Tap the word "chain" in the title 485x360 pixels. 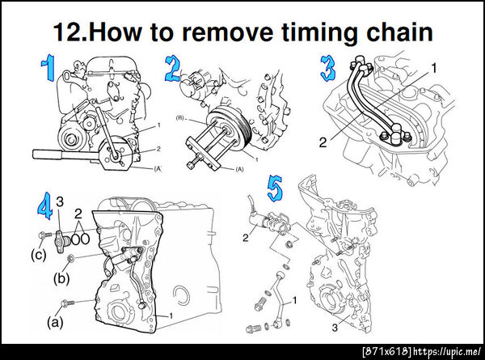pyautogui.click(x=399, y=31)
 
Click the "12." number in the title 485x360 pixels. pyautogui.click(x=71, y=32)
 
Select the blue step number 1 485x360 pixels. pyautogui.click(x=48, y=68)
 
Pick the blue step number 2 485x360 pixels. pyautogui.click(x=171, y=69)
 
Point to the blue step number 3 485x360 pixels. pyautogui.click(x=327, y=69)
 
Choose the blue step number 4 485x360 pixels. pyautogui.click(x=44, y=205)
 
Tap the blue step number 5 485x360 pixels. pyautogui.click(x=275, y=188)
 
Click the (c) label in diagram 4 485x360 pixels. pyautogui.click(x=39, y=255)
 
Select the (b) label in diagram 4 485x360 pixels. pyautogui.click(x=61, y=278)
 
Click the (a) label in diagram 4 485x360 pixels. pyautogui.click(x=55, y=323)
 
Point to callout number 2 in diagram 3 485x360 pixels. pyautogui.click(x=323, y=142)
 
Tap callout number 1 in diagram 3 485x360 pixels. pyautogui.click(x=434, y=68)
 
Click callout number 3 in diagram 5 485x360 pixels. pyautogui.click(x=335, y=328)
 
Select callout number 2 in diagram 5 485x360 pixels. pyautogui.click(x=246, y=238)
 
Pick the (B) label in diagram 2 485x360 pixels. pyautogui.click(x=180, y=118)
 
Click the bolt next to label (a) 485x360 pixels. pyautogui.click(x=68, y=303)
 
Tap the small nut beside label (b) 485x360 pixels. pyautogui.click(x=70, y=257)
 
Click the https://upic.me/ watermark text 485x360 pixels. pyautogui.click(x=447, y=352)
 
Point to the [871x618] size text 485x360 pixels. pyautogui.click(x=387, y=352)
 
